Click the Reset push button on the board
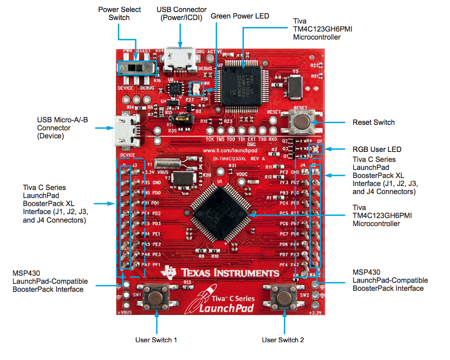coord(301,120)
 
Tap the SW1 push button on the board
coord(156,296)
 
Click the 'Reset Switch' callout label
coord(373,122)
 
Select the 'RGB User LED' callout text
coord(377,149)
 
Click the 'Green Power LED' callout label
coord(240,16)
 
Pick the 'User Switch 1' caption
coord(156,340)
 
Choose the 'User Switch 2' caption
coord(283,340)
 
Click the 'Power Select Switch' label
coord(119,14)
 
